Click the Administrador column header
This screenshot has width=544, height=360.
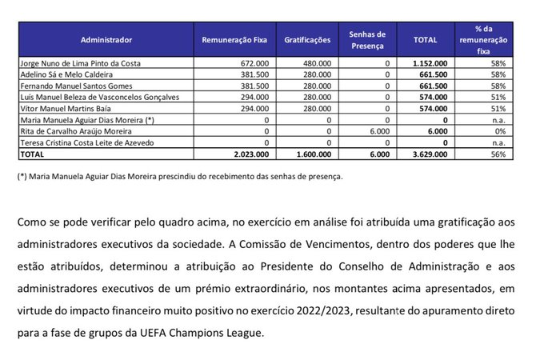click(x=106, y=38)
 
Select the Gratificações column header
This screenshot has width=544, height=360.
click(x=307, y=38)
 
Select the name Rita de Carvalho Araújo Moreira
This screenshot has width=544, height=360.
click(x=73, y=130)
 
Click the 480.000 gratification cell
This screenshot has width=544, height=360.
click(x=317, y=62)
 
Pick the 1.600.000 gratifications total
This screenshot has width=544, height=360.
click(x=313, y=154)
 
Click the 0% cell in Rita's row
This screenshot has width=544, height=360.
click(x=499, y=130)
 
